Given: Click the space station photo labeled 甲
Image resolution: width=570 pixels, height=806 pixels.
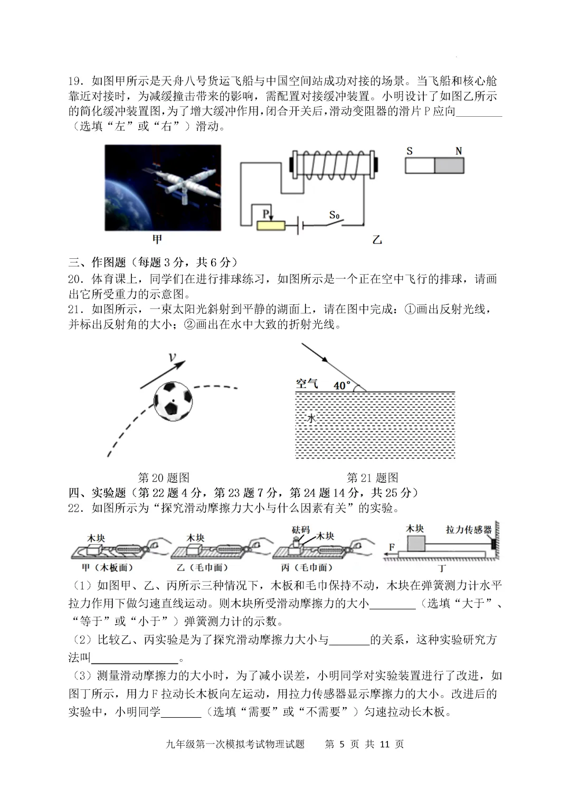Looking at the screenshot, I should tap(163, 188).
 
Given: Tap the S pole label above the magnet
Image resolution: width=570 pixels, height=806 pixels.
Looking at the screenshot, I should tap(410, 151).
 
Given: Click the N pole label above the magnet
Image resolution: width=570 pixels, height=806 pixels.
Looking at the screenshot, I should tap(458, 151).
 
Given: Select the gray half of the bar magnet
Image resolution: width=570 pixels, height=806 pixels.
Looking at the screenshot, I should tap(449, 166).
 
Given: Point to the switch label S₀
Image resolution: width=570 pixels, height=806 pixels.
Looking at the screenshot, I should tap(334, 215).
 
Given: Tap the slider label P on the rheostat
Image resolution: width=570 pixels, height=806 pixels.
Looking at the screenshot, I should tap(265, 213).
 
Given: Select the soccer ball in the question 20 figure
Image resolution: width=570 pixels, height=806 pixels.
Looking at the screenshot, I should tap(173, 401).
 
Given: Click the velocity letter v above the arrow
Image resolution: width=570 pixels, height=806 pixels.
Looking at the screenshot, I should tap(172, 358).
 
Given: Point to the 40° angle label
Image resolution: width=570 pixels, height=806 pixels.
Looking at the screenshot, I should tap(342, 386).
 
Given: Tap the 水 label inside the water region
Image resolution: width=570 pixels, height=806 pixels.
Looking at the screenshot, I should tap(311, 418).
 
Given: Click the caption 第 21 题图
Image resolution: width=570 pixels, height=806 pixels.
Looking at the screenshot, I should tap(372, 477).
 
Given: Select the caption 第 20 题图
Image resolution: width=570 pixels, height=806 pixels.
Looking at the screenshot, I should tap(164, 477).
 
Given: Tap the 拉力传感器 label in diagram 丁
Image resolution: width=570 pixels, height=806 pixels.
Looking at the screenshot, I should tap(469, 529).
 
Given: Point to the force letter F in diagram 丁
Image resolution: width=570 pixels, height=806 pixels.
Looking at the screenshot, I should tap(391, 547).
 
